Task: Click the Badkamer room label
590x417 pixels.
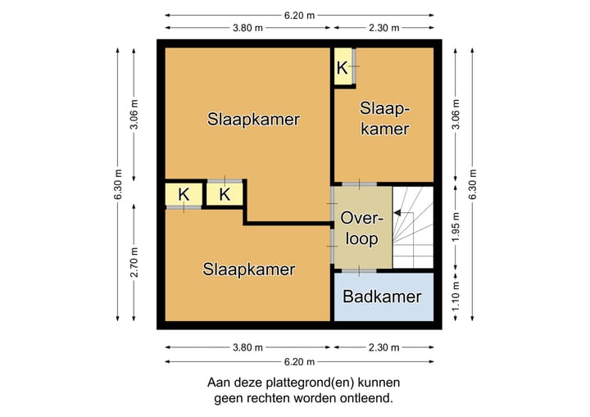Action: point(382,297)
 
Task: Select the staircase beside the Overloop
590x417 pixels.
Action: point(412,227)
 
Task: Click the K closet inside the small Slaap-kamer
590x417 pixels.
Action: point(343,67)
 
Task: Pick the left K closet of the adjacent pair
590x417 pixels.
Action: point(184,195)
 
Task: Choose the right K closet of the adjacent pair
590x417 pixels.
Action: point(224,195)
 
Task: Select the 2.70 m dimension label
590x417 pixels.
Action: point(134,262)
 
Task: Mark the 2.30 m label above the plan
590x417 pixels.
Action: point(383,28)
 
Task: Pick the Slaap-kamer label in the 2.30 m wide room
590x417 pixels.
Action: point(384,119)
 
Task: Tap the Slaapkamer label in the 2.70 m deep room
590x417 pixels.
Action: point(249,269)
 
